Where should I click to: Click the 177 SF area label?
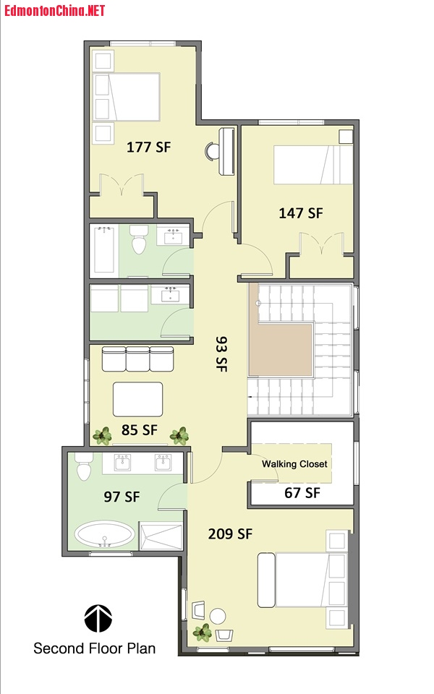tap(148, 147)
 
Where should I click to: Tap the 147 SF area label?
tap(301, 213)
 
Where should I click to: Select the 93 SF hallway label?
tap(221, 354)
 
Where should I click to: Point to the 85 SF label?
tap(140, 429)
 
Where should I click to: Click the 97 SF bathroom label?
tap(122, 497)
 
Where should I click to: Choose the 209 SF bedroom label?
tap(230, 534)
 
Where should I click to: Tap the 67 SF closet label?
tap(302, 492)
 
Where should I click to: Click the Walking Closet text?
tap(294, 464)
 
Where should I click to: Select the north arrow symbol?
tap(98, 618)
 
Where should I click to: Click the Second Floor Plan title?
tap(94, 648)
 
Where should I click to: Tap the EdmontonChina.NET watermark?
tap(54, 10)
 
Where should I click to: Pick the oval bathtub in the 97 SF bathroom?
tap(104, 535)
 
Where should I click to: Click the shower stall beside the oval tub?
tap(161, 536)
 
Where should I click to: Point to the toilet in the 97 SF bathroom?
tap(84, 466)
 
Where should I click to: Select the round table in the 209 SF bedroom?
tap(218, 616)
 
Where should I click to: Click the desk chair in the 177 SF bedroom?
tap(212, 151)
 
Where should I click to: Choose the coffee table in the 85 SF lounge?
tap(137, 399)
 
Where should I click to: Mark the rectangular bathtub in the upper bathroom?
tap(104, 250)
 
